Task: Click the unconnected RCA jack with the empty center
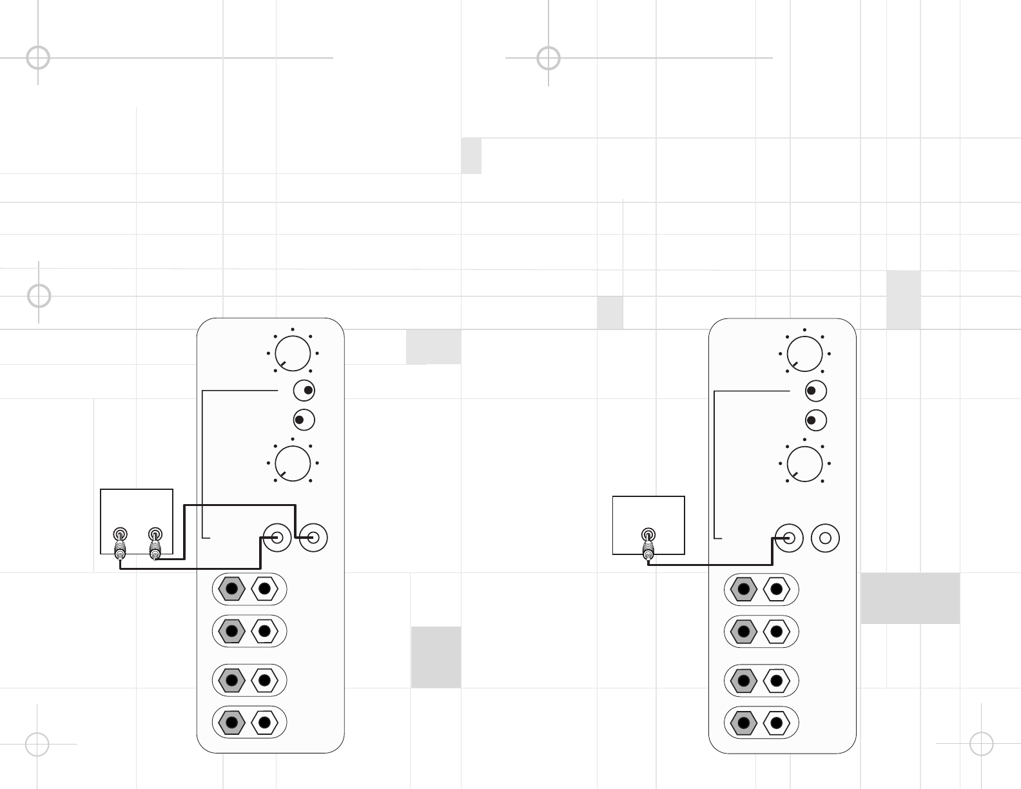(x=825, y=538)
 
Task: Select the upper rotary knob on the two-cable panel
(x=293, y=353)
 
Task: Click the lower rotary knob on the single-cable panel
(x=804, y=463)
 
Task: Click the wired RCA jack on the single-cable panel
(x=789, y=538)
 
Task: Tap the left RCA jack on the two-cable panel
(x=278, y=538)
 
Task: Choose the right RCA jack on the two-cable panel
(x=314, y=538)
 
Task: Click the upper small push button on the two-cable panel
(x=304, y=391)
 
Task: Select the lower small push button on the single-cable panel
(x=816, y=420)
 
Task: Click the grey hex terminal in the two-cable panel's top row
(x=231, y=589)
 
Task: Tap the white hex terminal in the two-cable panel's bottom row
(x=264, y=723)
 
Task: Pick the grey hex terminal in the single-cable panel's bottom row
(x=743, y=723)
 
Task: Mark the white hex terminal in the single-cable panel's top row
(x=776, y=589)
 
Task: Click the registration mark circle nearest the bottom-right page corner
(x=981, y=744)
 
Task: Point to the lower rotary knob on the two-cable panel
(x=293, y=463)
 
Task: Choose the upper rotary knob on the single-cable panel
(x=804, y=353)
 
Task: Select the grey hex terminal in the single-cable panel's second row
(x=743, y=631)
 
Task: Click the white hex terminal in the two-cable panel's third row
(x=264, y=680)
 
